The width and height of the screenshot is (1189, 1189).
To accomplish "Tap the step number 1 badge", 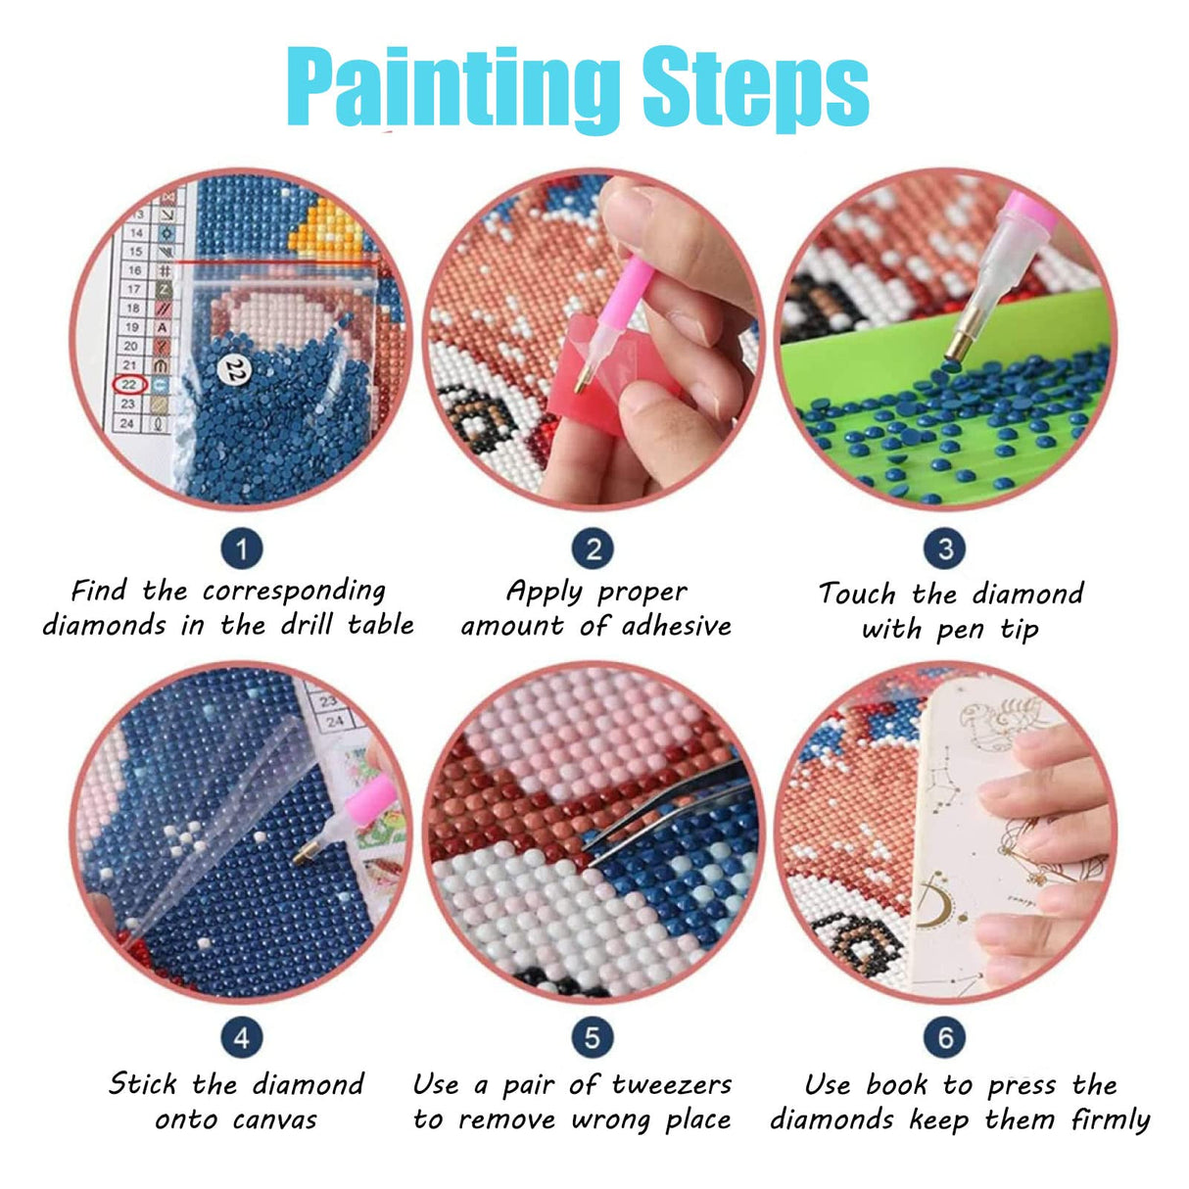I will tap(241, 548).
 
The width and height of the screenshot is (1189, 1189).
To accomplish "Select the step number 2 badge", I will tap(593, 548).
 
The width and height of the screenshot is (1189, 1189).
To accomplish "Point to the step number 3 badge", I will tap(944, 548).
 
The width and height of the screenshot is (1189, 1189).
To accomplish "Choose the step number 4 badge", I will tap(241, 1037).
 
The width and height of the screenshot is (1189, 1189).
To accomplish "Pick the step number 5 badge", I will tap(593, 1037).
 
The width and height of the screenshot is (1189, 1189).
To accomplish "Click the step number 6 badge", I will tap(944, 1037).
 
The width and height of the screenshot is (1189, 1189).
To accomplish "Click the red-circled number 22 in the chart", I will tap(129, 384).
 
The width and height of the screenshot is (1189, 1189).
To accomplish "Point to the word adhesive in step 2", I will tap(672, 626).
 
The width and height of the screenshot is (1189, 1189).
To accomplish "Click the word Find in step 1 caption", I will tap(99, 591).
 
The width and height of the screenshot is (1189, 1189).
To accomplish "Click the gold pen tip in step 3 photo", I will tap(955, 343).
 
